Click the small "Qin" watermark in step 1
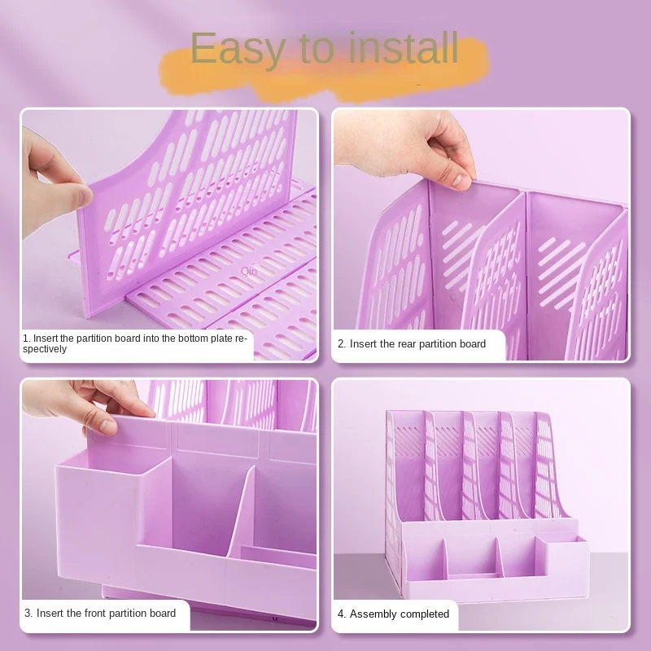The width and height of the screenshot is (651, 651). click(x=249, y=272)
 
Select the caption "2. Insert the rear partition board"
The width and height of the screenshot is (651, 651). click(x=412, y=343)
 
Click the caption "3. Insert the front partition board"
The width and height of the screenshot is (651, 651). click(x=100, y=614)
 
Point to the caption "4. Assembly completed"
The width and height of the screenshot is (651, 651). click(x=393, y=614)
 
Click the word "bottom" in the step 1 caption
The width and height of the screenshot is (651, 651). click(x=194, y=339)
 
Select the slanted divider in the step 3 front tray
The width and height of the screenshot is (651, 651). click(x=241, y=511)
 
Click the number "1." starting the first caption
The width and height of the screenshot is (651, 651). click(x=27, y=339)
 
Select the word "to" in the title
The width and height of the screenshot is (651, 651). click(x=317, y=50)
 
